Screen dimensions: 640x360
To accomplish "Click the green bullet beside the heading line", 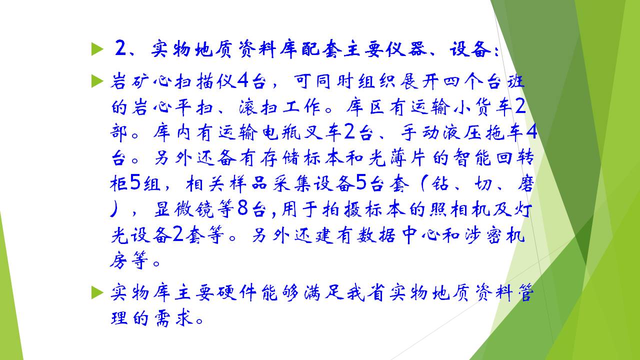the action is [x=97, y=49].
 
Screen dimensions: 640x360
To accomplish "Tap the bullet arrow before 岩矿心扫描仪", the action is [x=97, y=81].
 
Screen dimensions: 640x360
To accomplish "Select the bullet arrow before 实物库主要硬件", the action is [x=97, y=292].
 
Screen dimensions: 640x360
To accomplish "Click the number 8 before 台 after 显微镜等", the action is [x=242, y=208].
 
